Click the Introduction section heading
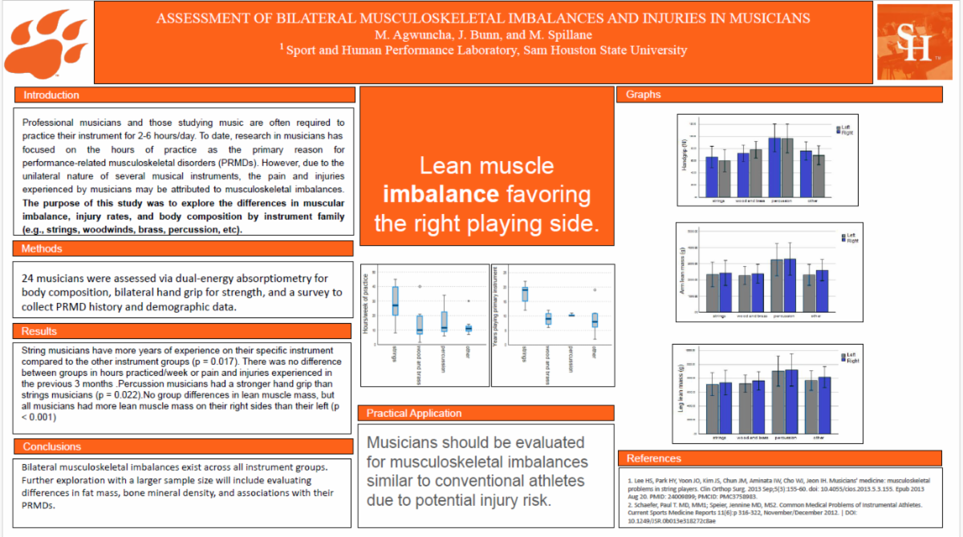tap(51, 95)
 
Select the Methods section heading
tap(43, 248)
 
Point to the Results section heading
tap(41, 331)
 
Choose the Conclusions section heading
tap(52, 446)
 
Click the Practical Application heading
tap(414, 414)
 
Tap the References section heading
tap(654, 458)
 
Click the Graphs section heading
tap(644, 95)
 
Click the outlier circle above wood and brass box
tap(420, 286)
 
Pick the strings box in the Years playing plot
tap(525, 293)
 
